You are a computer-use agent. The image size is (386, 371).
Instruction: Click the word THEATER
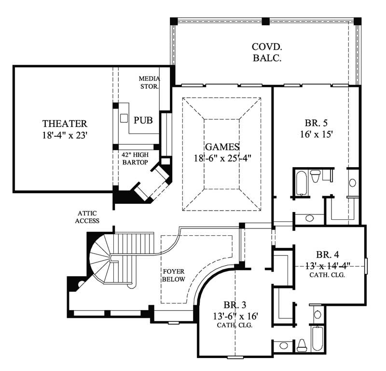pos(64,124)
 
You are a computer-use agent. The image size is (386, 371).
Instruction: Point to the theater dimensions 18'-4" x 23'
pos(64,135)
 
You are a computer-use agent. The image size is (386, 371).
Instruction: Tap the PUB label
pos(143,120)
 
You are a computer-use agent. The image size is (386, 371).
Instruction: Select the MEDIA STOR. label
pos(149,83)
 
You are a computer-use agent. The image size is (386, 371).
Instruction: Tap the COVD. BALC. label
pos(266,52)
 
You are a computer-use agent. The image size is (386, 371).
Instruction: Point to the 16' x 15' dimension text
pos(316,135)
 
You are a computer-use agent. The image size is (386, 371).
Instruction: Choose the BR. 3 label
pos(235,305)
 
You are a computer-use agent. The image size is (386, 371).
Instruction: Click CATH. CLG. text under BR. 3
pos(235,326)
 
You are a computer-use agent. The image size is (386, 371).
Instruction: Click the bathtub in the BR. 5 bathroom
pos(301,183)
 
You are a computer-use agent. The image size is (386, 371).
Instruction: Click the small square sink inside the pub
pos(124,117)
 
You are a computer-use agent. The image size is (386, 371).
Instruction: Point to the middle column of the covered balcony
pos(265,21)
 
